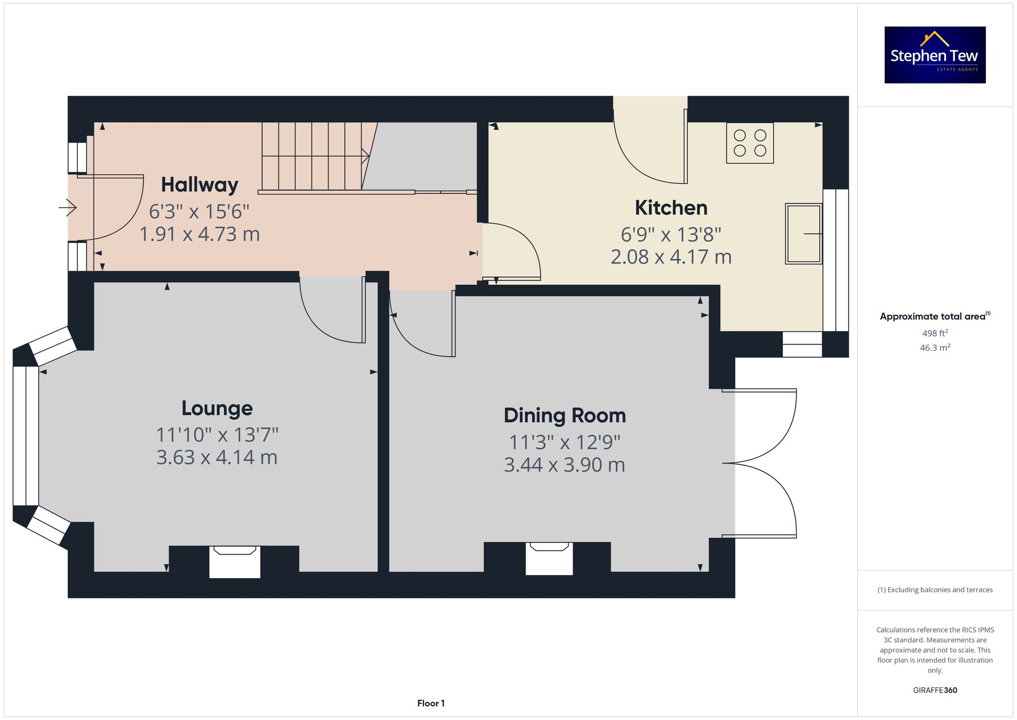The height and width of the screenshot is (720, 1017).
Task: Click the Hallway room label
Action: (199, 185)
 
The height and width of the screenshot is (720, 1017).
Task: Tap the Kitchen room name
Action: (671, 208)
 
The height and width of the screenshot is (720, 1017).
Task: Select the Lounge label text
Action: (217, 408)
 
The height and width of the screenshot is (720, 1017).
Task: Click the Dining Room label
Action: (564, 415)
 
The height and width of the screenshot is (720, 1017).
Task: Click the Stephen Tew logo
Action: (935, 55)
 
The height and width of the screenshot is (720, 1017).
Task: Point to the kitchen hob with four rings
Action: (750, 143)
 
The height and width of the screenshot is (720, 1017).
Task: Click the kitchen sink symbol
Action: (803, 234)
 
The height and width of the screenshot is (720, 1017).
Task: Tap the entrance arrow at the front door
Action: (68, 208)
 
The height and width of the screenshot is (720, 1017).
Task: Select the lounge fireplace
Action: (234, 561)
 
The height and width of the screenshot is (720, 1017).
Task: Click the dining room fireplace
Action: (549, 558)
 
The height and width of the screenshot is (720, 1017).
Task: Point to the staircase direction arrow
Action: (365, 156)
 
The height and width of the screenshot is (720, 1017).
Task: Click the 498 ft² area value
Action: (935, 333)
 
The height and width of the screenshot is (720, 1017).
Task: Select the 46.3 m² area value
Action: (935, 348)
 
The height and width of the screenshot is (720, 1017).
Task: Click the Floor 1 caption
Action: (431, 703)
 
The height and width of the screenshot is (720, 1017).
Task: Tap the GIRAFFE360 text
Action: (935, 690)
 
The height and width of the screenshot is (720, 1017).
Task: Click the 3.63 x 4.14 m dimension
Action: (217, 457)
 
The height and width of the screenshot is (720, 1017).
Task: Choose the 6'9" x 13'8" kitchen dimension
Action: (671, 235)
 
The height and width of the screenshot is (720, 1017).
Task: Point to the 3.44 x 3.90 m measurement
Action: (564, 465)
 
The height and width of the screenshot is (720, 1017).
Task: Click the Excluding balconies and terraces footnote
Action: (935, 590)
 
